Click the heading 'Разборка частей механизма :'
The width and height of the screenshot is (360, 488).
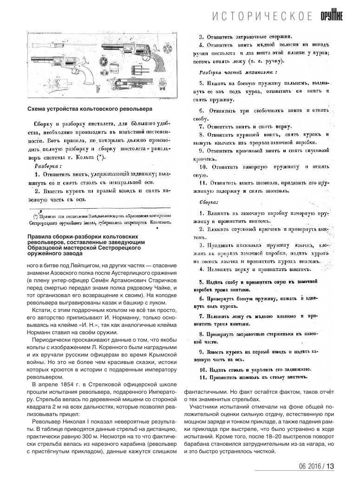tap(238, 73)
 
